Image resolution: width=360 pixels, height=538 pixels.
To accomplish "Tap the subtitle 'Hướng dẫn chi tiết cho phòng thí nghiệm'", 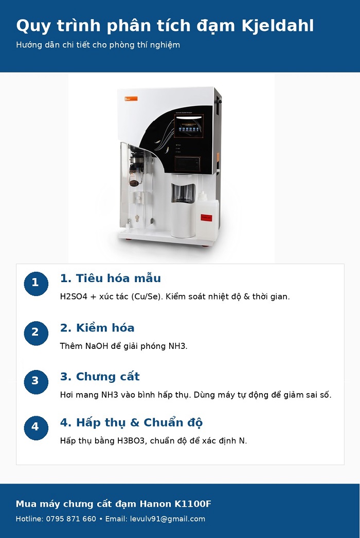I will point(98,45).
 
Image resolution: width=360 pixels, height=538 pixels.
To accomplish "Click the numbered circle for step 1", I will point(35,283).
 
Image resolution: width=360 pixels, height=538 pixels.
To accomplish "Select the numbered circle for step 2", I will point(35,332).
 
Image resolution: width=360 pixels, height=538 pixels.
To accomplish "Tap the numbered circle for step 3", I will point(35,381).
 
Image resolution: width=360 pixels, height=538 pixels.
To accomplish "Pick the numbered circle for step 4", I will point(35,427).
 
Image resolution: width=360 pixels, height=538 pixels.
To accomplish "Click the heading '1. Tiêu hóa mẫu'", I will point(110,279).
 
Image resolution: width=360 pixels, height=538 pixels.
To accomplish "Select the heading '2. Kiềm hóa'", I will point(97,328).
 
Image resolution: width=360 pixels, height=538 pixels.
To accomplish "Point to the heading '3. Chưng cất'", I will point(100,377).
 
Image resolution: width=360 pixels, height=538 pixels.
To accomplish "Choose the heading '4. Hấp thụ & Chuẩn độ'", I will point(131,423).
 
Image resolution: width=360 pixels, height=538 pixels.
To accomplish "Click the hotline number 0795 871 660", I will point(71,519).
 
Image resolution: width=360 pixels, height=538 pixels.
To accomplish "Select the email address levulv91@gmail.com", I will point(167,519).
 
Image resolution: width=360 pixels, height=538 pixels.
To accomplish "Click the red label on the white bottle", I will point(206,217).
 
